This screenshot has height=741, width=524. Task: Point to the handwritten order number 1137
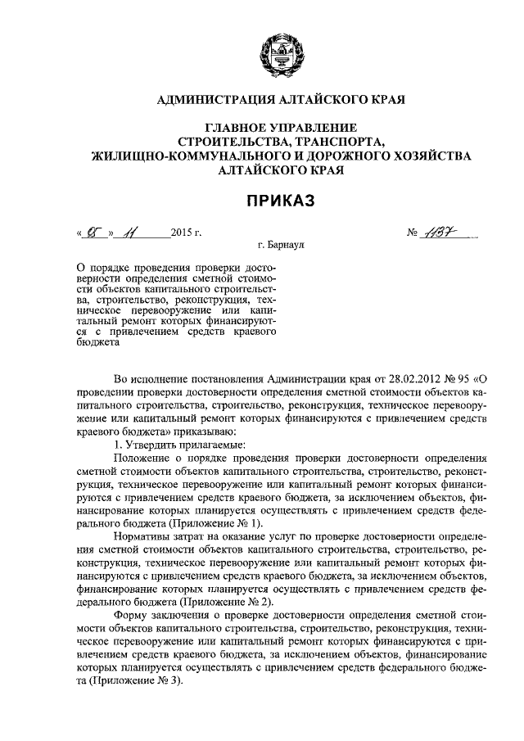click(442, 233)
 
